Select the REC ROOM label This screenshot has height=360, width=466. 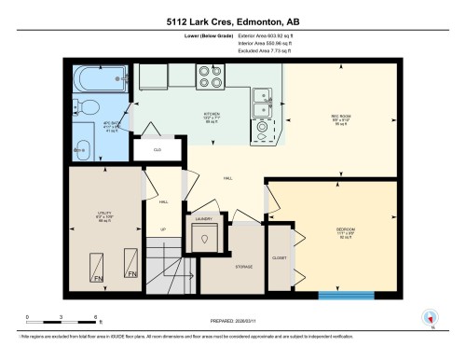[x=339, y=118]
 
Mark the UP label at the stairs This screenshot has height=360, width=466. [x=163, y=228]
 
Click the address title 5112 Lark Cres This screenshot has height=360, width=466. [x=232, y=20]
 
